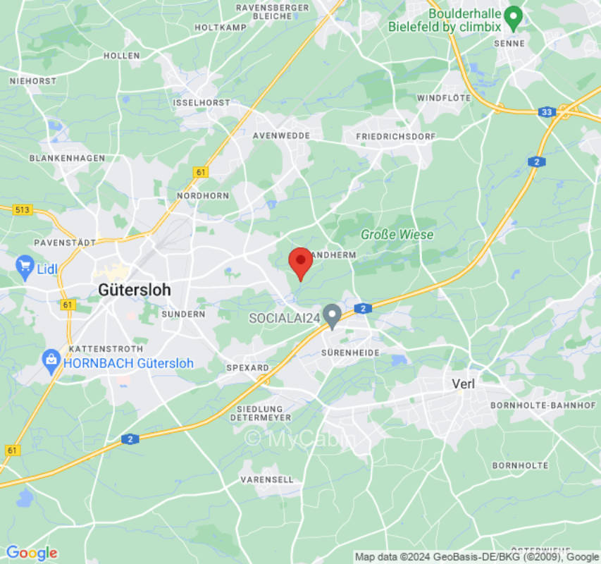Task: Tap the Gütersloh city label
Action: tap(134, 290)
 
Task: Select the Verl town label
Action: tap(463, 384)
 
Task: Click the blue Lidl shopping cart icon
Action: tap(25, 266)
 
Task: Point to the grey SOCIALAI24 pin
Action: tap(332, 316)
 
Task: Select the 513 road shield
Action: tap(23, 209)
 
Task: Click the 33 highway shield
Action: tap(547, 111)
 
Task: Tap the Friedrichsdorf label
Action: tap(396, 136)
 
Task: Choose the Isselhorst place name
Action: tap(202, 102)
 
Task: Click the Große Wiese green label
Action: tap(397, 234)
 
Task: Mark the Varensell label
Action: tap(267, 479)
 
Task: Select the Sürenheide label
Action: tap(350, 352)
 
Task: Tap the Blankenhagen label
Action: tap(67, 158)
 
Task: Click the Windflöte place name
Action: tap(444, 98)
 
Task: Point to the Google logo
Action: tap(31, 553)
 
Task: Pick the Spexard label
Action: tap(247, 368)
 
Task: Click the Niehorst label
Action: tap(33, 81)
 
